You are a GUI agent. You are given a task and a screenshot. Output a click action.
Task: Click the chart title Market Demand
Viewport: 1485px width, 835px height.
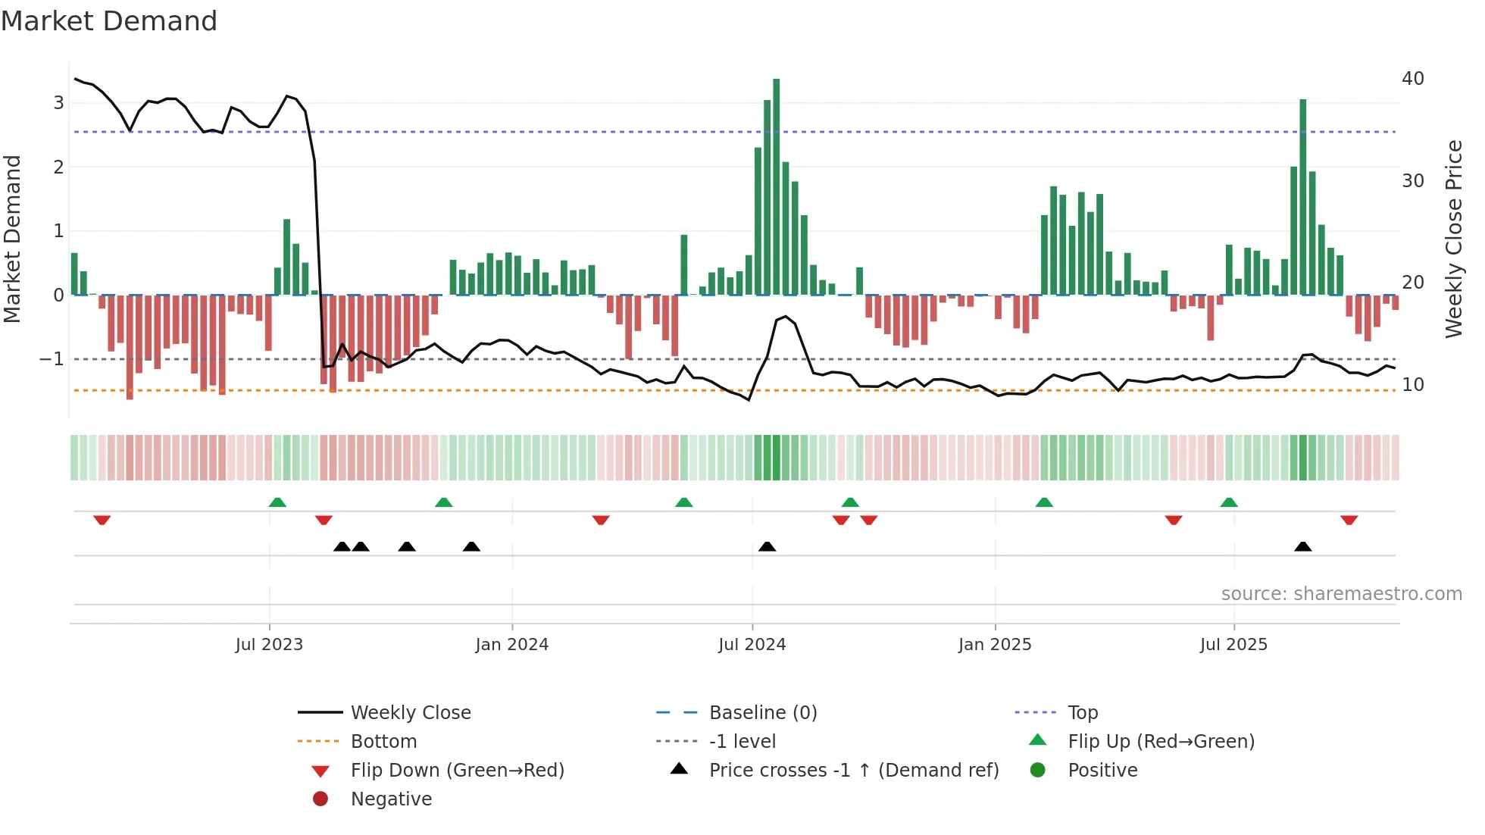pos(109,21)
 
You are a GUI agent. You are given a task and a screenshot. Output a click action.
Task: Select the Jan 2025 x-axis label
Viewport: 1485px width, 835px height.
pos(994,645)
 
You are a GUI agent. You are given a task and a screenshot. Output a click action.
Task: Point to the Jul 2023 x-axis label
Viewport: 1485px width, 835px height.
pos(269,645)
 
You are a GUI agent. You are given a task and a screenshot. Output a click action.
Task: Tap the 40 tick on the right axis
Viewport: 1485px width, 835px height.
pos(1412,79)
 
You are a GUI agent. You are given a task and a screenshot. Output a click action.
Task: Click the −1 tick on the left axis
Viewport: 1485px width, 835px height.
pos(52,359)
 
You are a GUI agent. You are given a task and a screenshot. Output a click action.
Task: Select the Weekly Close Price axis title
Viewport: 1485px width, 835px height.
pos(1453,239)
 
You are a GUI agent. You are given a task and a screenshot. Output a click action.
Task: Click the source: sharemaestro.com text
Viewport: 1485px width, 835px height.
pos(1341,594)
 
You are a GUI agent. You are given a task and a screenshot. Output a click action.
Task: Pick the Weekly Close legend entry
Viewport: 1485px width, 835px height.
pos(410,713)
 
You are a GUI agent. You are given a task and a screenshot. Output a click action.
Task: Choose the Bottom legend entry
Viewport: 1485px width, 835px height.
pos(383,742)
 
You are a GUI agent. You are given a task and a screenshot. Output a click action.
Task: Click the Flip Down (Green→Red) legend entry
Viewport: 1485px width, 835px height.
pos(457,771)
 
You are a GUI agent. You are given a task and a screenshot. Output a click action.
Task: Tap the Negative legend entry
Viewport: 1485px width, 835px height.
pos(391,799)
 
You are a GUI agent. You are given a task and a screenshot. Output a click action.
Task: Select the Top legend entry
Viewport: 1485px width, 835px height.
pos(1082,713)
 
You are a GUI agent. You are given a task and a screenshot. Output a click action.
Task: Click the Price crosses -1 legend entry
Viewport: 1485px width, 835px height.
pos(853,771)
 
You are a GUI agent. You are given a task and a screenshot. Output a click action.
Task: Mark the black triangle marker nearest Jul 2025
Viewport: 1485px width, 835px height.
pos(1302,547)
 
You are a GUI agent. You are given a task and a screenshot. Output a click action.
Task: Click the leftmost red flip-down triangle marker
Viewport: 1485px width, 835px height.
pos(102,520)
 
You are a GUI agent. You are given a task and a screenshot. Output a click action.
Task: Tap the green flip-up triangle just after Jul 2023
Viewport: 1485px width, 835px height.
pos(277,502)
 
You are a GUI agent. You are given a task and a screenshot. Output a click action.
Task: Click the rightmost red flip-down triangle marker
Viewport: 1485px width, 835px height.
pos(1349,520)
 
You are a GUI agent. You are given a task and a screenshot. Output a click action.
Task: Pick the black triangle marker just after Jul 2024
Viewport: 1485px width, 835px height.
pos(767,547)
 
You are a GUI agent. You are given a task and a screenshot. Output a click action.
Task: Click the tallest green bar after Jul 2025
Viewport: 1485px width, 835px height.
pos(1302,197)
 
